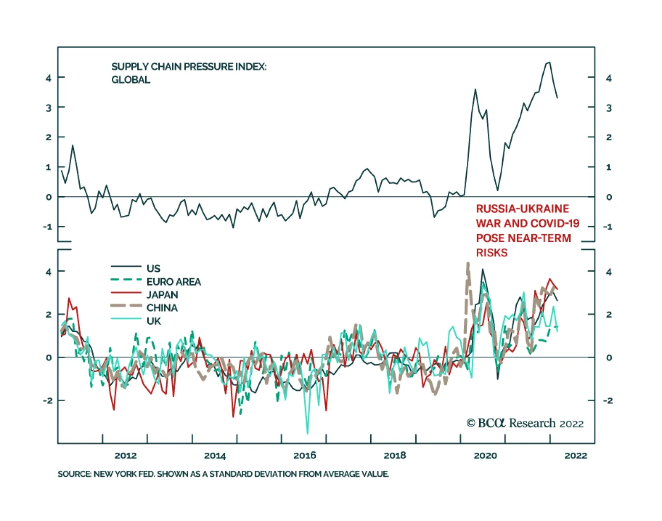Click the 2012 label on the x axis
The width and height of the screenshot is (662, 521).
[125, 456]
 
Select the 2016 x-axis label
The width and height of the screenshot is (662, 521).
[305, 456]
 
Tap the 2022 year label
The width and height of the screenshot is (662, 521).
[576, 456]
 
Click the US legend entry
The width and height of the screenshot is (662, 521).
[153, 268]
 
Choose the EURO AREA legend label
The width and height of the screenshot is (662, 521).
[173, 282]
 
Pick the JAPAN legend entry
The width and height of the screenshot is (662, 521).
[162, 295]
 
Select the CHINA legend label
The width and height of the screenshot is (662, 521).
[162, 308]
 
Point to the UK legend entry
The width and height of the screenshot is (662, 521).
[154, 321]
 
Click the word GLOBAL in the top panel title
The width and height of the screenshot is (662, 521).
[131, 80]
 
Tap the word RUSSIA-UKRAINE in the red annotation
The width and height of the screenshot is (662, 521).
[523, 209]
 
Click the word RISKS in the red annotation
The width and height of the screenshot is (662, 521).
[492, 253]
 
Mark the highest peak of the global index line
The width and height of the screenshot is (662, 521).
[549, 63]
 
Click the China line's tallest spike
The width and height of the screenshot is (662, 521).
[468, 263]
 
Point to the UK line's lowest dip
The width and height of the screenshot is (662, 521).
[307, 433]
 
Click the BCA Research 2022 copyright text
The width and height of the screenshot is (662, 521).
[525, 423]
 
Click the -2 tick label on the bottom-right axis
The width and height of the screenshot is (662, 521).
[608, 400]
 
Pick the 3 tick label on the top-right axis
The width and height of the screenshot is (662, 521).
[609, 108]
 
